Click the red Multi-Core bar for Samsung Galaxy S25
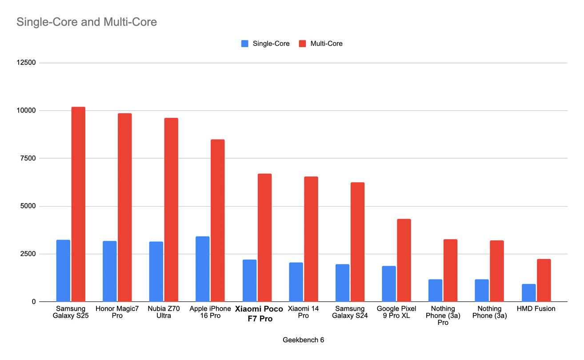click(x=78, y=204)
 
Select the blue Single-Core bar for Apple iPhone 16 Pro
click(x=202, y=269)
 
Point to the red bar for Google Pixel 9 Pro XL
click(x=404, y=260)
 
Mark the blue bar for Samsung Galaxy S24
click(x=342, y=283)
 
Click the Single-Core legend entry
click(x=265, y=44)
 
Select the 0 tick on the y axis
click(x=33, y=302)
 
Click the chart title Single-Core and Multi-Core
click(x=87, y=22)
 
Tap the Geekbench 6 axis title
click(x=304, y=340)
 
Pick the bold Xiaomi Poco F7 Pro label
click(x=259, y=314)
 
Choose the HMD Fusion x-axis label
click(x=536, y=308)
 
